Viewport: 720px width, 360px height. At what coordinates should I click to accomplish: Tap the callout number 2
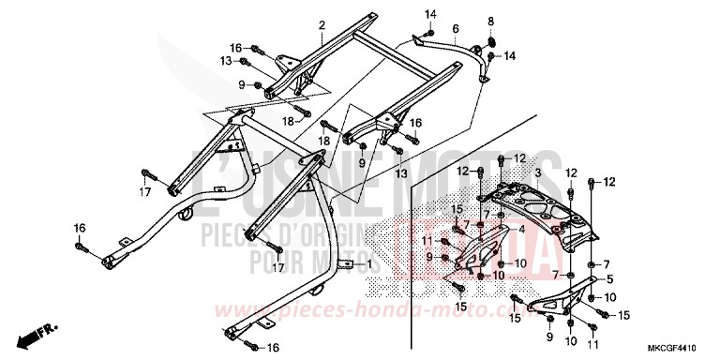click(321, 25)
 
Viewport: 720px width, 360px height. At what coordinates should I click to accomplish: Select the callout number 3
click(565, 173)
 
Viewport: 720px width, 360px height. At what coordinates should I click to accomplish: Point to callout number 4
click(496, 230)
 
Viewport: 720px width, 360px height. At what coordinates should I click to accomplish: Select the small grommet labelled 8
click(490, 43)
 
